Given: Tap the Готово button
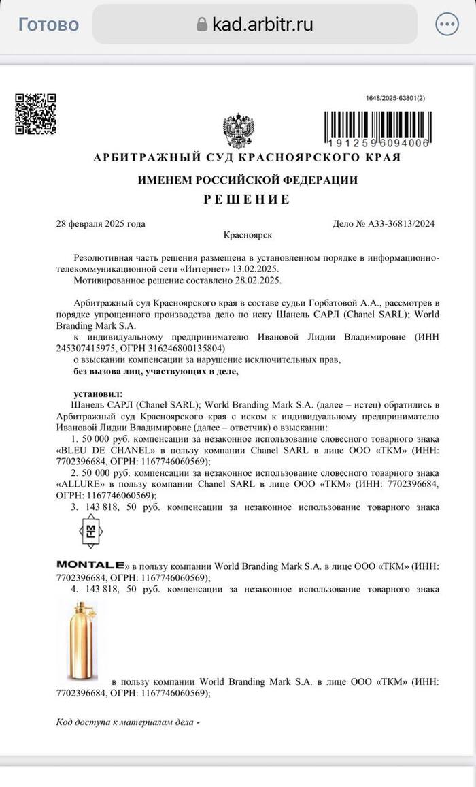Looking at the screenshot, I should [48, 25].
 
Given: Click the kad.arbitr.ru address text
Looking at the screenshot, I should [262, 25].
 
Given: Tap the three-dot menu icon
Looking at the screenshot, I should [447, 25].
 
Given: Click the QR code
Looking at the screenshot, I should [36, 113].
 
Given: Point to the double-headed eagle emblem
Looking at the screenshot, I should [239, 132].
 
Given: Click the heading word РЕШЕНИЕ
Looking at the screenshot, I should [248, 199].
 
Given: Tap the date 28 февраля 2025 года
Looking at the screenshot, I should [101, 223].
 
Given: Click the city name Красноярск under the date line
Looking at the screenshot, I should [248, 235].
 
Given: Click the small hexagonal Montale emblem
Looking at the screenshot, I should [89, 531].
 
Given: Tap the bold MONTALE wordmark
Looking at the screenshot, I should [90, 564].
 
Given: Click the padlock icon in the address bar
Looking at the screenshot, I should [201, 25].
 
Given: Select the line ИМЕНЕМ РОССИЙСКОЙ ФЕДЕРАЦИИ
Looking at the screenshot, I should [248, 180].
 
